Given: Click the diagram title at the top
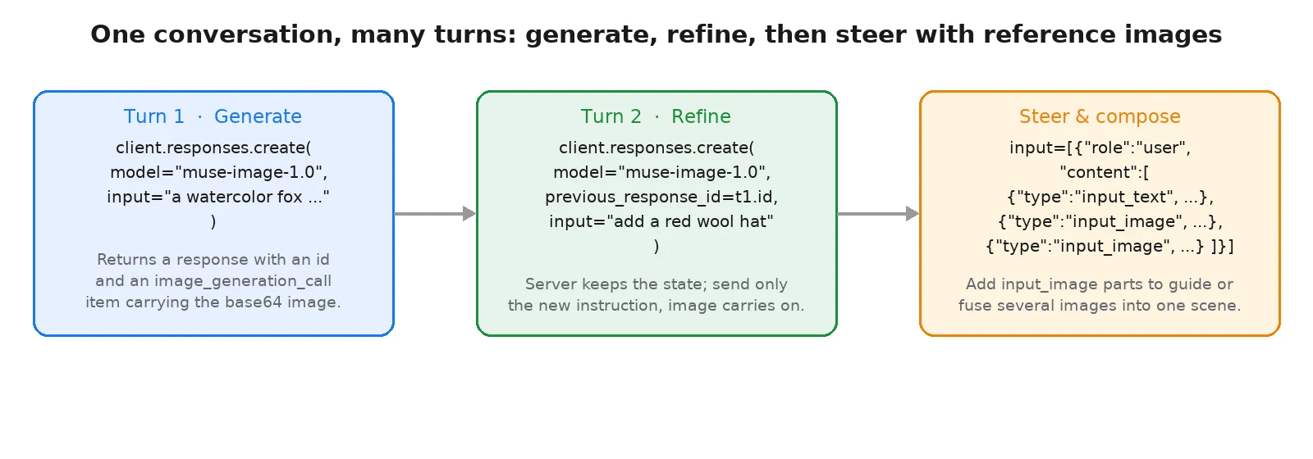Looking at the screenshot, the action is tap(656, 34).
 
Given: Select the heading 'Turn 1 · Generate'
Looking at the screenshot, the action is tap(213, 116).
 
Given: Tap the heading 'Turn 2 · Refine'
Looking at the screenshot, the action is tap(656, 116).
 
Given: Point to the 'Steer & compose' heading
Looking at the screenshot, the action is tap(1100, 116).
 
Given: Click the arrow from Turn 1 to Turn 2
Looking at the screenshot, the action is tap(435, 214).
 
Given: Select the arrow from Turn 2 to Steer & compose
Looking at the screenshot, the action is tap(878, 214).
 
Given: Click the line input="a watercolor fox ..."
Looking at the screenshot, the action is tap(218, 197).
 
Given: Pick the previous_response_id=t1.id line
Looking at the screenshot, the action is tap(661, 198).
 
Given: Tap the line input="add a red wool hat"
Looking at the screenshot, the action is tap(661, 221).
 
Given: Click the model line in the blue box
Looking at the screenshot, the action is tap(218, 172).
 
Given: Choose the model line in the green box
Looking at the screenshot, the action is tap(661, 172).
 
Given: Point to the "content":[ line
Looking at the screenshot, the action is tap(1105, 172).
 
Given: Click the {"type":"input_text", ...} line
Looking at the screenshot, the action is tap(1110, 197).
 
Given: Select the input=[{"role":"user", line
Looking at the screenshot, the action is tap(1100, 148).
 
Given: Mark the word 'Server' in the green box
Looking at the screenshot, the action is tap(547, 284).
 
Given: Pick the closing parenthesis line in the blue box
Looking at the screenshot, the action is tap(213, 221).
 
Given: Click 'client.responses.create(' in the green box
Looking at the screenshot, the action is tap(656, 148).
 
